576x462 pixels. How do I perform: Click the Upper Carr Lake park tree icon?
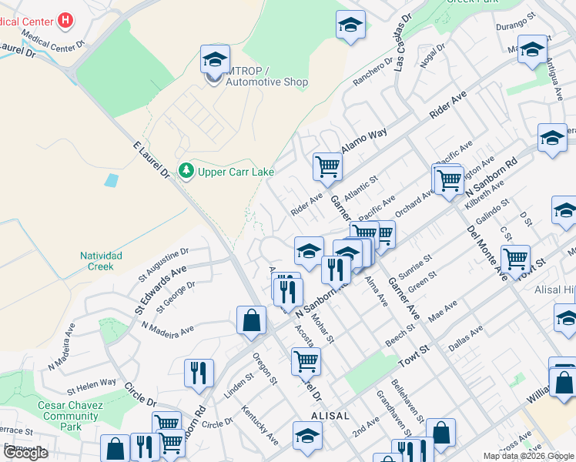point(186,170)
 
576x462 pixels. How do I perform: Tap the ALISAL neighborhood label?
point(330,415)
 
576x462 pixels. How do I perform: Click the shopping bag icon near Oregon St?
point(252,320)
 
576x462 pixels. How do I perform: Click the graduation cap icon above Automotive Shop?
point(216,59)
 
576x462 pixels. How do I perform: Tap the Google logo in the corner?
point(25,453)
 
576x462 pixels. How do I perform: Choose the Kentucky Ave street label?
point(260,425)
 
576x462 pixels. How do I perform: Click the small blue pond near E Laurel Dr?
point(112,181)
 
